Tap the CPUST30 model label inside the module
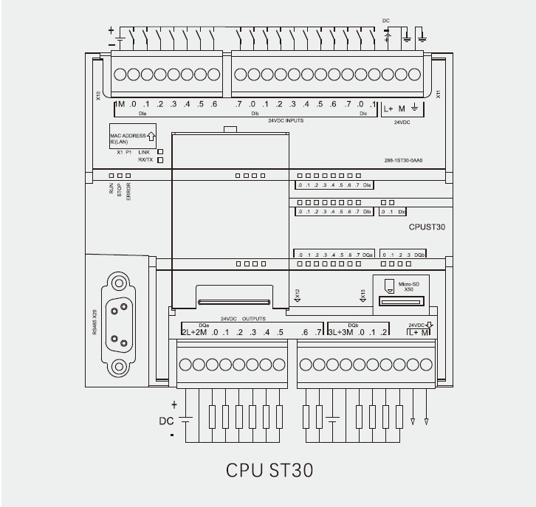427,228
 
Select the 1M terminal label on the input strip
120,105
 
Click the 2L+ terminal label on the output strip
188,333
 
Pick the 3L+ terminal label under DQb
334,333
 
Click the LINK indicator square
159,151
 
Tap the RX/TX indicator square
159,159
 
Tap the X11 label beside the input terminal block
439,94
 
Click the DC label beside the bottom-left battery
167,421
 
